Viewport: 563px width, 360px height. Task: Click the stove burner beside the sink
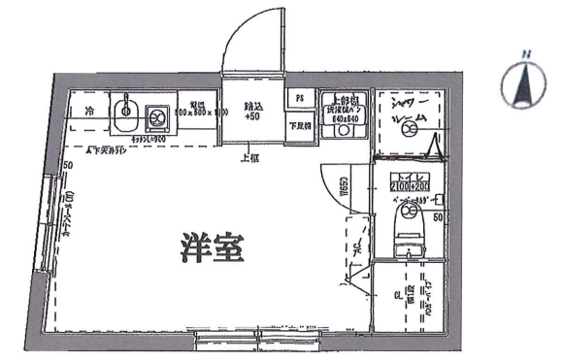[156, 118]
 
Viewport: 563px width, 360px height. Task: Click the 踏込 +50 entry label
[252, 110]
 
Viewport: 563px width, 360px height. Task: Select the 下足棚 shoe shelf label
[300, 125]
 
